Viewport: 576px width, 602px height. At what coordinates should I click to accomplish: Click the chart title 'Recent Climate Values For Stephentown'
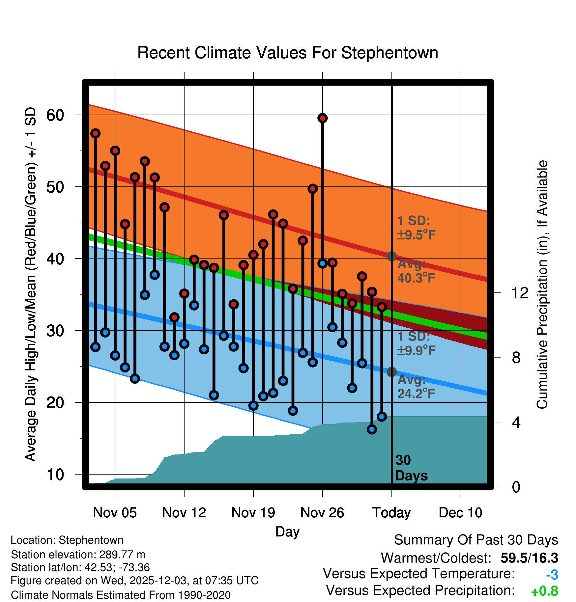(x=287, y=53)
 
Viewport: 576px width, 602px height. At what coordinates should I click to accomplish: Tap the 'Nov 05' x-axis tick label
(x=115, y=512)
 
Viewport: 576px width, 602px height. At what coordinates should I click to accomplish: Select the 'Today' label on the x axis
(x=391, y=512)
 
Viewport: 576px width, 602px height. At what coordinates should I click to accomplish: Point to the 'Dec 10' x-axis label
(x=460, y=512)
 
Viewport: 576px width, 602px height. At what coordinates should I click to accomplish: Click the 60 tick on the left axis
(x=55, y=115)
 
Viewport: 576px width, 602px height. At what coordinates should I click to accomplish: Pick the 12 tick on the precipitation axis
(x=520, y=293)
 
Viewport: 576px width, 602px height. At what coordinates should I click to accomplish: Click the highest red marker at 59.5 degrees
(x=323, y=118)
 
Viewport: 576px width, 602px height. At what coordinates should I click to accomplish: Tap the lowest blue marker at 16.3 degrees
(x=372, y=429)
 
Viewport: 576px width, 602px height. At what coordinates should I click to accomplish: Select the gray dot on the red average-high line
(x=391, y=256)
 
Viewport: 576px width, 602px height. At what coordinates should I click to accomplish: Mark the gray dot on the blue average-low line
(x=391, y=372)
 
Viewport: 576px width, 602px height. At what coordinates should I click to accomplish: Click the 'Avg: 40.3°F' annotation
(x=416, y=271)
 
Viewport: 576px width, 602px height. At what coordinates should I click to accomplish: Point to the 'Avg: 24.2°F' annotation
(x=416, y=387)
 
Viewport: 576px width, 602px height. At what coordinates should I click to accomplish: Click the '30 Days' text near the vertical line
(x=411, y=468)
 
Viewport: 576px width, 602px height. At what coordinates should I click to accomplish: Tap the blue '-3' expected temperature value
(x=552, y=575)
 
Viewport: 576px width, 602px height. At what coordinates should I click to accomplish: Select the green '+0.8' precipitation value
(x=544, y=591)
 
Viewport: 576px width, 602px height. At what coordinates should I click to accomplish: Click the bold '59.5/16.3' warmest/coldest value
(x=529, y=558)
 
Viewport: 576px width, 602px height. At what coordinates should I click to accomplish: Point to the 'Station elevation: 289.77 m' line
(x=78, y=555)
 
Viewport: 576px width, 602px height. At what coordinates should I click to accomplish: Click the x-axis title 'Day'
(x=287, y=532)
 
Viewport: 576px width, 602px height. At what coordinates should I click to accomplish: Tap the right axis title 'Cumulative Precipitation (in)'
(x=542, y=285)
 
